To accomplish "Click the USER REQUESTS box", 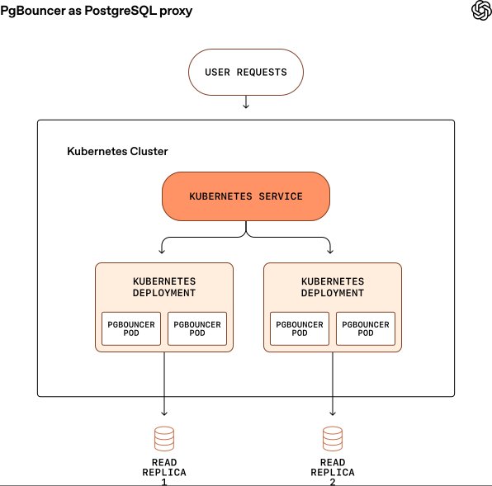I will [x=246, y=72].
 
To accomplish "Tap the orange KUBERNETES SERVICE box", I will [x=246, y=196].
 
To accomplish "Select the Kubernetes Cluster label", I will [x=117, y=152].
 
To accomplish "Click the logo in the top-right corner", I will [x=480, y=11].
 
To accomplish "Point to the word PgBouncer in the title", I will [x=36, y=10].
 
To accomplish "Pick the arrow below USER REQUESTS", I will [x=246, y=101].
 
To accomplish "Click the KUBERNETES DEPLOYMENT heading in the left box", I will [x=164, y=287].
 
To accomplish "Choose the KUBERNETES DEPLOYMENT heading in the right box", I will [x=333, y=287].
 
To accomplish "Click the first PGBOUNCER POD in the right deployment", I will [x=299, y=329].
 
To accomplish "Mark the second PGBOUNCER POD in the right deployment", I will [x=366, y=329].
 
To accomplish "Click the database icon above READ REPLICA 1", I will [x=164, y=436].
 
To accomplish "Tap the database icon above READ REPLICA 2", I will [x=333, y=436].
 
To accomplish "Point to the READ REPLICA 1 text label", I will [x=164, y=467].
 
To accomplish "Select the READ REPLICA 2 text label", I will [x=333, y=467].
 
